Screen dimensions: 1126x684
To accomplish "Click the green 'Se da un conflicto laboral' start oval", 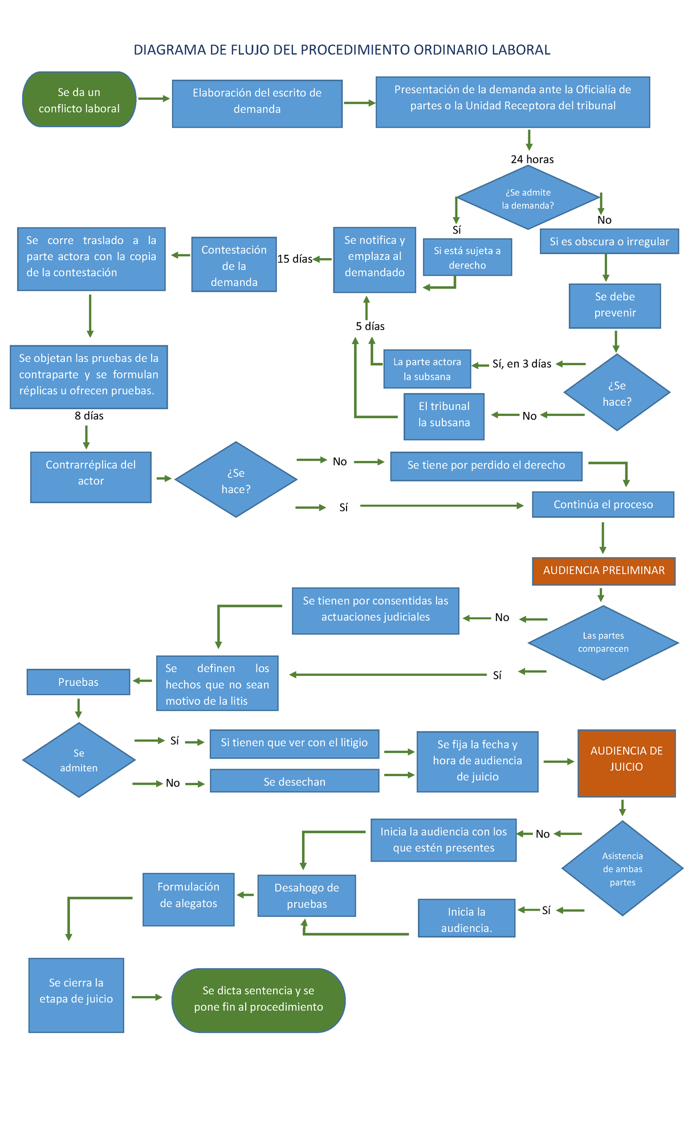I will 79,100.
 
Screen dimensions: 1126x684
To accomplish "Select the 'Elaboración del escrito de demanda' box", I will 257,104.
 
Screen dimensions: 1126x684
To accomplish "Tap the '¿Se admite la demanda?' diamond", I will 528,198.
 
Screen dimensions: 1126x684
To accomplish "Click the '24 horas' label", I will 532,160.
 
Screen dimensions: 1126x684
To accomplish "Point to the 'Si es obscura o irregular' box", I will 609,242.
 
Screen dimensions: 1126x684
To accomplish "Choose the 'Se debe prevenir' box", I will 614,305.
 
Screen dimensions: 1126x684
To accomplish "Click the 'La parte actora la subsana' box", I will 427,369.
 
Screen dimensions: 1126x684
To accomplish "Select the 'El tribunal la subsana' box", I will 444,416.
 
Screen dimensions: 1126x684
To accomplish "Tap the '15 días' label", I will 295,259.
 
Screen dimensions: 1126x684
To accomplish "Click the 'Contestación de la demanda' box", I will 234,265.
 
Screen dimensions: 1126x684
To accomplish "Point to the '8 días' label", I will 89,416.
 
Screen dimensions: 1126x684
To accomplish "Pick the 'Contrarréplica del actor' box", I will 91,476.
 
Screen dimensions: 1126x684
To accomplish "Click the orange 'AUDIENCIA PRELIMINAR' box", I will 604,571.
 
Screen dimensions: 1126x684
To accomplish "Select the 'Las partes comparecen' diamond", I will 603,643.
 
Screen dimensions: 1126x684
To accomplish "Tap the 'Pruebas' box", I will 78,682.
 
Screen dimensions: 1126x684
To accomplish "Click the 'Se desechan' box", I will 294,781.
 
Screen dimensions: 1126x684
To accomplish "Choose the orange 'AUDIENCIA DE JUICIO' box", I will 626,763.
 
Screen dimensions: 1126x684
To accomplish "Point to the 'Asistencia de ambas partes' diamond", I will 622,868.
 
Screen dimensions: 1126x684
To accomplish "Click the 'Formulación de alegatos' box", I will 188,899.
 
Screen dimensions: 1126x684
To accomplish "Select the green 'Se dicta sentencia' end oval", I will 258,1000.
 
